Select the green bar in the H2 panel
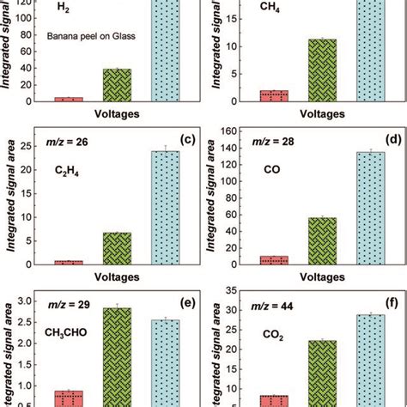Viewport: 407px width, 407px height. pyautogui.click(x=118, y=85)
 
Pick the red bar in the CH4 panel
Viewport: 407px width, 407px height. pyautogui.click(x=274, y=96)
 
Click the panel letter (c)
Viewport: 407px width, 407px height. pyautogui.click(x=182, y=139)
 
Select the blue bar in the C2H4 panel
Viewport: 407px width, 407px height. pyautogui.click(x=166, y=207)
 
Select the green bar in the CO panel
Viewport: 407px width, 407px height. pyautogui.click(x=322, y=240)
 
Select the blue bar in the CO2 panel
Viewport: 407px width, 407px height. pyautogui.click(x=370, y=361)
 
